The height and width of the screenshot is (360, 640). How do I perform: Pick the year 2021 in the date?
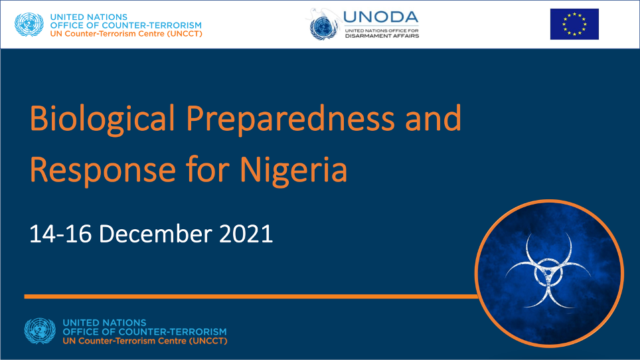pyautogui.click(x=246, y=234)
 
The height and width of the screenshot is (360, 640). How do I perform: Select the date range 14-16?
pyautogui.click(x=60, y=234)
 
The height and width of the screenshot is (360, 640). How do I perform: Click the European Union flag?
pyautogui.click(x=574, y=24)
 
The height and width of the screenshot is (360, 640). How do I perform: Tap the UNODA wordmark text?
pyautogui.click(x=381, y=17)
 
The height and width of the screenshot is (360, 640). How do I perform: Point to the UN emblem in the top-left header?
pyautogui.click(x=29, y=25)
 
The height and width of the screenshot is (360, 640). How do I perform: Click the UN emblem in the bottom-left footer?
pyautogui.click(x=40, y=331)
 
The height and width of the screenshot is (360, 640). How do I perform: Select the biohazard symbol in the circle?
pyautogui.click(x=548, y=270)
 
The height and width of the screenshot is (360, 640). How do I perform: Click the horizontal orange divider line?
pyautogui.click(x=251, y=296)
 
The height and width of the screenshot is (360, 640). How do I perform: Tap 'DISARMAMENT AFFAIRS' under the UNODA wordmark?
pyautogui.click(x=382, y=36)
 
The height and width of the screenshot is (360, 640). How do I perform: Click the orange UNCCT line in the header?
pyautogui.click(x=126, y=34)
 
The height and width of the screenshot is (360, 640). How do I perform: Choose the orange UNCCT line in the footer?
pyautogui.click(x=145, y=341)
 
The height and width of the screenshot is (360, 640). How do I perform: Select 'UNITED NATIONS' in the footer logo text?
pyautogui.click(x=104, y=322)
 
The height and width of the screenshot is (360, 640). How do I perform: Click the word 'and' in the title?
pyautogui.click(x=433, y=118)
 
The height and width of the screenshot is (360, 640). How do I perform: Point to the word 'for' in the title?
pyautogui.click(x=208, y=169)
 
